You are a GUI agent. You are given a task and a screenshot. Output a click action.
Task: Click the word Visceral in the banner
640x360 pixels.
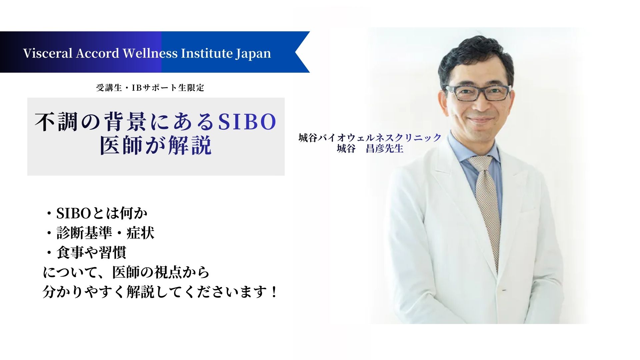coord(48,53)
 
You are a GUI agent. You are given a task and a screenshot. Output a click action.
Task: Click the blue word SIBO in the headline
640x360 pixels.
coord(247,122)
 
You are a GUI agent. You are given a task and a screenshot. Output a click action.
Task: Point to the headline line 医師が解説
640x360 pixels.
coord(156,145)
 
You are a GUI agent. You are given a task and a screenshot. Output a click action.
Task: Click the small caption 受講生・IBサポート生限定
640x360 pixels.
coord(150,88)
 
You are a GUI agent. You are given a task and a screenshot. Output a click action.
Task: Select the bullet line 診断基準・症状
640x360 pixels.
coord(100,233)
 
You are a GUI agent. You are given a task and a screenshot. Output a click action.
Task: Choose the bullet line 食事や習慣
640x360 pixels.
coord(86,253)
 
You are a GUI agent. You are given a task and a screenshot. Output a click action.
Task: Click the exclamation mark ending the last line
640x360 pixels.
coord(274,292)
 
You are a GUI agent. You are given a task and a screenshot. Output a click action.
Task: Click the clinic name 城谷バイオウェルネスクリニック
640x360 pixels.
coord(370,138)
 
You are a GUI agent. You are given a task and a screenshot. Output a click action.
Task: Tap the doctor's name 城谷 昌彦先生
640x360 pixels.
coord(370,149)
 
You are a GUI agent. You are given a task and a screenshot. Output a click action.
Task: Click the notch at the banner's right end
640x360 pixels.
coord(296,52)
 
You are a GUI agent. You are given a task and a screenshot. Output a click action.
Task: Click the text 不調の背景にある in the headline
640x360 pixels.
coord(124,122)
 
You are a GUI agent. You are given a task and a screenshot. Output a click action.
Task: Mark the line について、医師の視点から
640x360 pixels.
coord(126,272)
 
